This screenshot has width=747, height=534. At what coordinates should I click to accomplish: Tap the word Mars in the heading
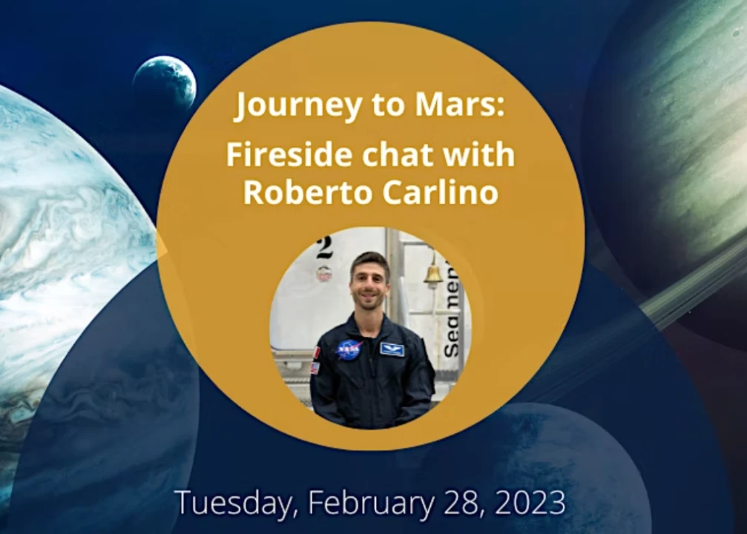459,104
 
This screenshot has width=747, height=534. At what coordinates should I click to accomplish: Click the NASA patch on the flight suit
349,349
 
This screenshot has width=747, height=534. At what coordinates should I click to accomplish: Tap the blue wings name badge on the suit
392,349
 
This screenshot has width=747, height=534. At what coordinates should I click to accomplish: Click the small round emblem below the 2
324,272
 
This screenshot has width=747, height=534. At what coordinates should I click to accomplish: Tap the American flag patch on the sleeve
315,368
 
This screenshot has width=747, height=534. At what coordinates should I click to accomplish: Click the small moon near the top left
165,82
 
